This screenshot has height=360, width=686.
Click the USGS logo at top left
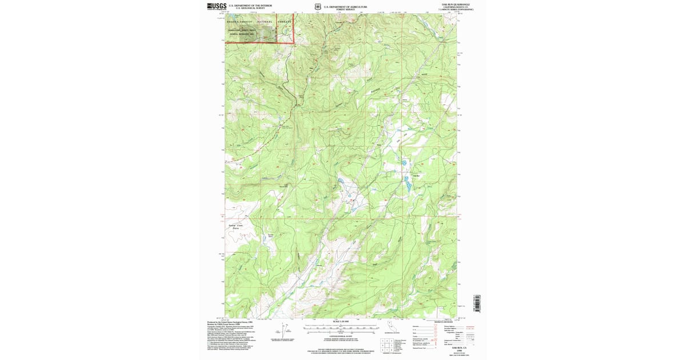[x=217, y=6]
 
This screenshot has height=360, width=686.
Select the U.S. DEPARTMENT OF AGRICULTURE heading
[x=343, y=6]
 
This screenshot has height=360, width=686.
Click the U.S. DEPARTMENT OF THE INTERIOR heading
[x=250, y=5]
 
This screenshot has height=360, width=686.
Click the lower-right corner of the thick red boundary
[x=293, y=42]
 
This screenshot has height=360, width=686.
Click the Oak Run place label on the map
[x=416, y=175]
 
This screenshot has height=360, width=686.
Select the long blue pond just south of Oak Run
[x=408, y=184]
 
